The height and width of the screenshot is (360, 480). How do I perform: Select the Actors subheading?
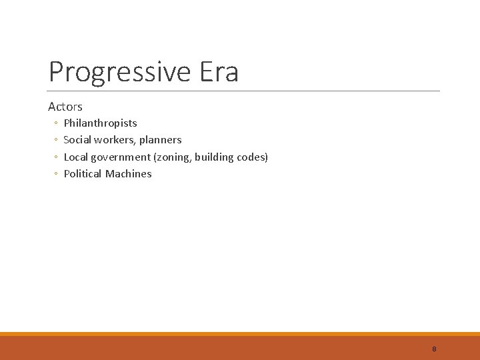pyautogui.click(x=65, y=107)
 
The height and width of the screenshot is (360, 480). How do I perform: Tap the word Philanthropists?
pyautogui.click(x=100, y=123)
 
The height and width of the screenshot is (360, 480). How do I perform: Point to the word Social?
pyautogui.click(x=77, y=140)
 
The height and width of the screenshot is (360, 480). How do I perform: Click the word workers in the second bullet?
pyautogui.click(x=115, y=140)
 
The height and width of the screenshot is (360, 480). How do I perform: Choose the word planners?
pyautogui.click(x=160, y=140)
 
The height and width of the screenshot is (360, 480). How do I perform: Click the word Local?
pyautogui.click(x=76, y=157)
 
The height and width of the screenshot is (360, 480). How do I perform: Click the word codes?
pyautogui.click(x=251, y=157)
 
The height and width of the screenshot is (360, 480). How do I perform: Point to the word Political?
pyautogui.click(x=83, y=173)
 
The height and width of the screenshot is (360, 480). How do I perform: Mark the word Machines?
pyautogui.click(x=129, y=173)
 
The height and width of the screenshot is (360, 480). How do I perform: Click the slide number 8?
pyautogui.click(x=434, y=349)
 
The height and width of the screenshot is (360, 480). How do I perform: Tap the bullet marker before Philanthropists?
pyautogui.click(x=55, y=123)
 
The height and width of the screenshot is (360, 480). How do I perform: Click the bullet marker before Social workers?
pyautogui.click(x=55, y=140)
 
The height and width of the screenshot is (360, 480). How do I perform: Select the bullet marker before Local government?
pyautogui.click(x=55, y=157)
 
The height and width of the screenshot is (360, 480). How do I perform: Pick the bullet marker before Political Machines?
pyautogui.click(x=55, y=174)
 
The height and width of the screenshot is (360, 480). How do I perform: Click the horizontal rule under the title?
pyautogui.click(x=244, y=91)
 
